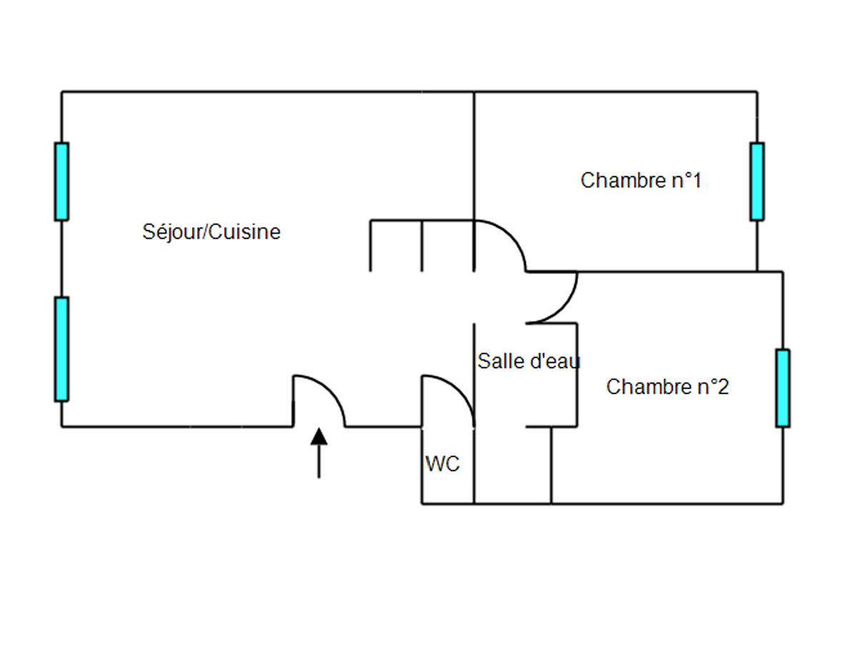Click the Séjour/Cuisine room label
click(211, 232)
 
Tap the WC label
click(443, 464)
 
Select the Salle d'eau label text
click(529, 361)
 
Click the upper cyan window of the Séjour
click(62, 181)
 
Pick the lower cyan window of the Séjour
click(62, 349)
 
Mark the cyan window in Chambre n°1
click(757, 181)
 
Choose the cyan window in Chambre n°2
click(783, 388)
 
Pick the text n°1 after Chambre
click(687, 181)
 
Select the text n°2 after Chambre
click(713, 387)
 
